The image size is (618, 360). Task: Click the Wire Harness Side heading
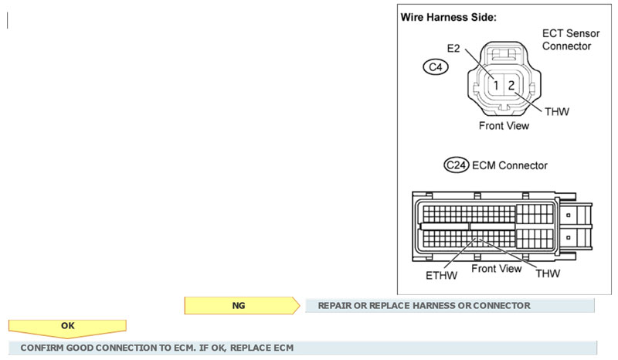point(447,17)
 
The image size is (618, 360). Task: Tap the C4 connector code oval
point(435,67)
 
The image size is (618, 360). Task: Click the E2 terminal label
point(453,48)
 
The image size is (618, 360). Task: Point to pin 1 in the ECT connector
point(498,84)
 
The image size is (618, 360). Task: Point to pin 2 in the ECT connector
point(511,84)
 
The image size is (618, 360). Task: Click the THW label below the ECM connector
point(547,273)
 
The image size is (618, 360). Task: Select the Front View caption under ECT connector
point(505,125)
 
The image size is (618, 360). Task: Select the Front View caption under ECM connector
point(496,268)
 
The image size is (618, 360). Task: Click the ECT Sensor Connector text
point(566,40)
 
